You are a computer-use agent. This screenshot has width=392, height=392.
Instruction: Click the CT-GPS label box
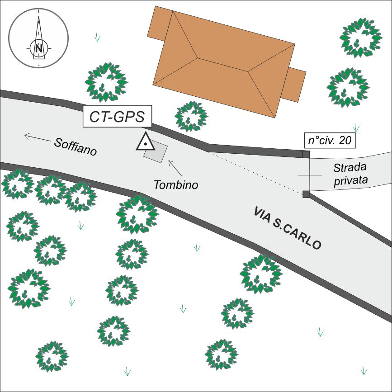click(x=117, y=117)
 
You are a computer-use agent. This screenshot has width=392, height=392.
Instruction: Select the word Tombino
click(x=176, y=184)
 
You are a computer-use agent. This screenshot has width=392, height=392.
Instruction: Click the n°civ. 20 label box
click(x=329, y=141)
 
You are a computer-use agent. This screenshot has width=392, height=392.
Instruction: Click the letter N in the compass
click(x=39, y=47)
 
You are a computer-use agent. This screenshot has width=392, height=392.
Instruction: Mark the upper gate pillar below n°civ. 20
click(x=306, y=154)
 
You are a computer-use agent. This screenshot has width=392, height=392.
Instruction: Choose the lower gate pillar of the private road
click(x=306, y=194)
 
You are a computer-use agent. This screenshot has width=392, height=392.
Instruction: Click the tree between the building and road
click(x=191, y=116)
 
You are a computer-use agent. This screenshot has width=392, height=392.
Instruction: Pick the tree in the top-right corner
click(x=361, y=38)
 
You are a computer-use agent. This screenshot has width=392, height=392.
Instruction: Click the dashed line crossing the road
click(x=255, y=173)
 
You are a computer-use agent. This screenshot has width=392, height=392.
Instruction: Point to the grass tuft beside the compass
click(x=97, y=38)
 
